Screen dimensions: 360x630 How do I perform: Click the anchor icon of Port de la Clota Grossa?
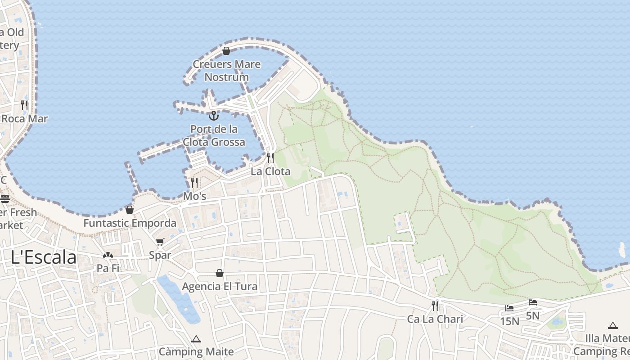click(214, 116)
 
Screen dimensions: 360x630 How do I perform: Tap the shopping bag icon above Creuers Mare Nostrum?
click(226, 51)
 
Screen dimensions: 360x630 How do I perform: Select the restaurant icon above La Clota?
click(270, 157)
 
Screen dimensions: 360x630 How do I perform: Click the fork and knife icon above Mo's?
click(194, 182)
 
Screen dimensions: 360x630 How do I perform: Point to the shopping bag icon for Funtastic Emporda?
click(130, 209)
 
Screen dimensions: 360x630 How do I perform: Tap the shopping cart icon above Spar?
click(160, 242)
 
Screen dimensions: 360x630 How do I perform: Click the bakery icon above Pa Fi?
click(108, 255)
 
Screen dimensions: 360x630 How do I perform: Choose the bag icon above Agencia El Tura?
click(220, 273)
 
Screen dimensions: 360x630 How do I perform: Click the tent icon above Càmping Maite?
click(196, 338)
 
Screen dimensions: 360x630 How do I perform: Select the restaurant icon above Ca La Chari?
click(435, 306)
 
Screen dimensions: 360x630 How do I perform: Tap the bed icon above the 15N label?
click(509, 308)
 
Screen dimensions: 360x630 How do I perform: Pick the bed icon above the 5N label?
click(533, 302)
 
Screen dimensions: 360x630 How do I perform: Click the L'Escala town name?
click(44, 257)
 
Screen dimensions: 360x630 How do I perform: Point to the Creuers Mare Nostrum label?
click(227, 71)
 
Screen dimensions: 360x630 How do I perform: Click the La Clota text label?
click(270, 171)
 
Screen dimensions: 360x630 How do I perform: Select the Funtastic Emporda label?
click(130, 223)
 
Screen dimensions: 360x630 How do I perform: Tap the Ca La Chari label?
click(435, 319)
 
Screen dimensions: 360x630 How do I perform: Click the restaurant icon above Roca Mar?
click(24, 105)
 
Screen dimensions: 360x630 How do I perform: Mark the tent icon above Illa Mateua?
click(612, 325)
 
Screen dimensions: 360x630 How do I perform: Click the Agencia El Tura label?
click(220, 286)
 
